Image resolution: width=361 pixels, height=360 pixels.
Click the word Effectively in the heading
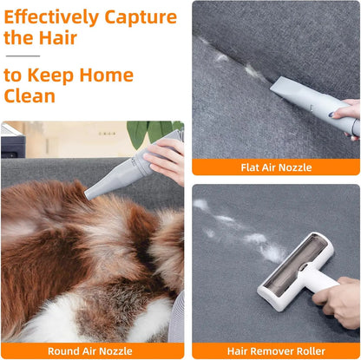(51, 17)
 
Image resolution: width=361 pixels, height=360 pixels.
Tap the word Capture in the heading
(141, 17)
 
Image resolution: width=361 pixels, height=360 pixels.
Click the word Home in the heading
(107, 75)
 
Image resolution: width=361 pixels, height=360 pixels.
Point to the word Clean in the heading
(30, 96)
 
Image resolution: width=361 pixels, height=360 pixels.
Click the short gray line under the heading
(23, 56)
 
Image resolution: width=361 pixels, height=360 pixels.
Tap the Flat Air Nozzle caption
(276, 167)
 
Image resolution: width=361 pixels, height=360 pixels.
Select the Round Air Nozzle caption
(90, 351)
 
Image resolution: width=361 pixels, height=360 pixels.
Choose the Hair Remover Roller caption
(276, 351)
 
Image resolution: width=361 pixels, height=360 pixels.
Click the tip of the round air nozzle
(88, 195)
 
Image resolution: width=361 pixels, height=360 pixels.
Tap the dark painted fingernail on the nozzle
(331, 115)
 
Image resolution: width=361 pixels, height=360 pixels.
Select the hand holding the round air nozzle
(166, 161)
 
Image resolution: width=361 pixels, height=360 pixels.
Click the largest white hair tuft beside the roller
(272, 252)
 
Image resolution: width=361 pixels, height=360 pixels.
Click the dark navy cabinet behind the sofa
(13, 147)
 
